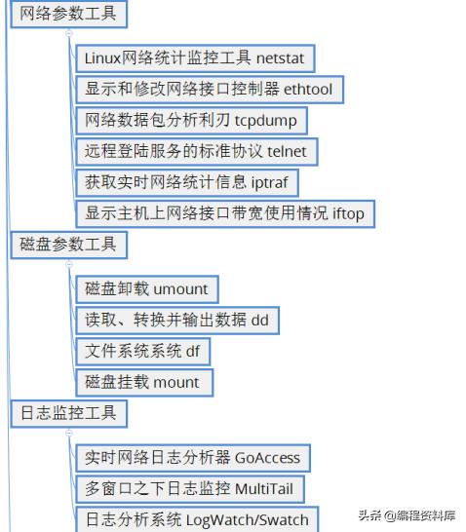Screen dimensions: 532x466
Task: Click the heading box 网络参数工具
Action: point(67,14)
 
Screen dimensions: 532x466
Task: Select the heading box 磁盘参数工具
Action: point(67,244)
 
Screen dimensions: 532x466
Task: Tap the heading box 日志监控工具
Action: point(67,413)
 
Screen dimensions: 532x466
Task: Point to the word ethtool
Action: point(308,90)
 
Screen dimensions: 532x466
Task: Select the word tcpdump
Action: point(266,121)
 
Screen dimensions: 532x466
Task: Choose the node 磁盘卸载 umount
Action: point(146,289)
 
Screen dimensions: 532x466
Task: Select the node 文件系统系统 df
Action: point(141,351)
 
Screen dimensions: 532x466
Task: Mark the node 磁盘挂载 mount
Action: point(143,382)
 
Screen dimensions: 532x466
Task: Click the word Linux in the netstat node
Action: point(102,58)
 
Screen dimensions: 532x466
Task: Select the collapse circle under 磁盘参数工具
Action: point(69,263)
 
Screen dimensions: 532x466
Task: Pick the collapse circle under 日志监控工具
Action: point(69,433)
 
